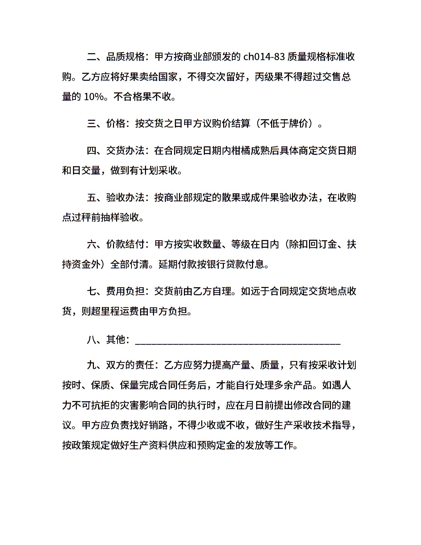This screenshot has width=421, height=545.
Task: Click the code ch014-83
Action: [264, 57]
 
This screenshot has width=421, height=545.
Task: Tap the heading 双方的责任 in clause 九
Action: [130, 365]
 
